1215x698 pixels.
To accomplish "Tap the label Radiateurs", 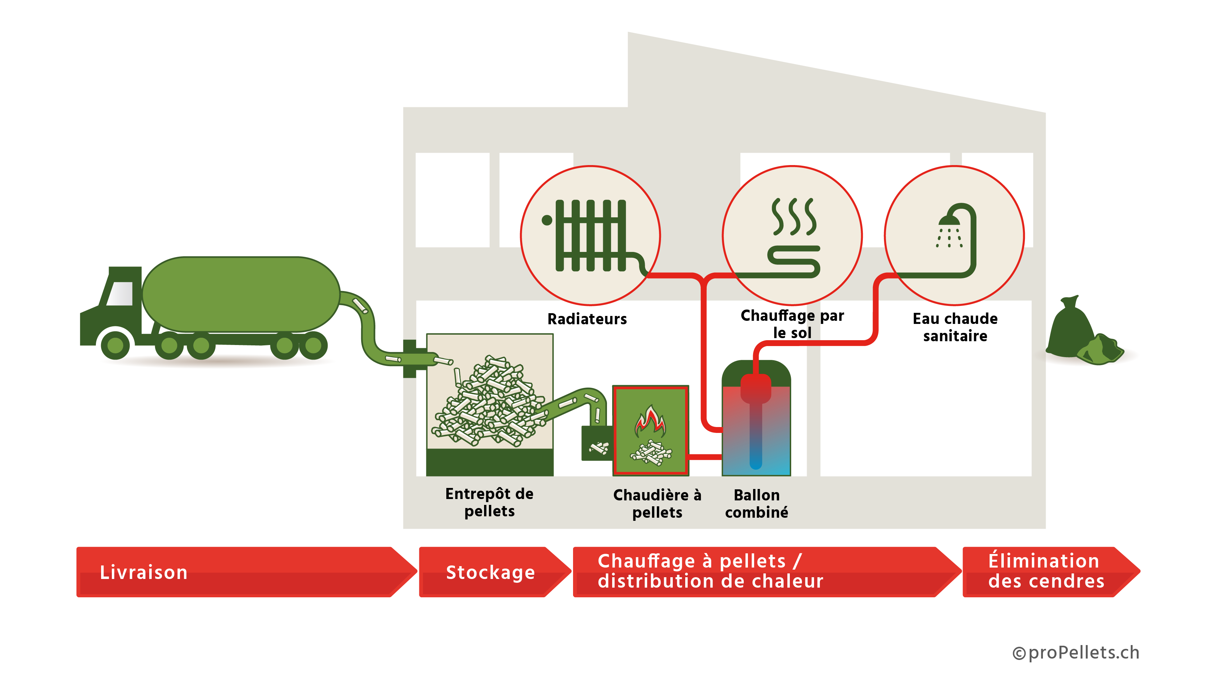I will point(587,319).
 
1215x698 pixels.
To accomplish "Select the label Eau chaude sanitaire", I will point(955,327).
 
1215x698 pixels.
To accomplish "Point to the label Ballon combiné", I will point(757,504).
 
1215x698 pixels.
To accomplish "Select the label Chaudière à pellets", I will point(657,504).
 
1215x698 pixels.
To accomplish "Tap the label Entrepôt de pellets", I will point(489,502).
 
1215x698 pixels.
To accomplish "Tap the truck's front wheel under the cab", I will point(115,345).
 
